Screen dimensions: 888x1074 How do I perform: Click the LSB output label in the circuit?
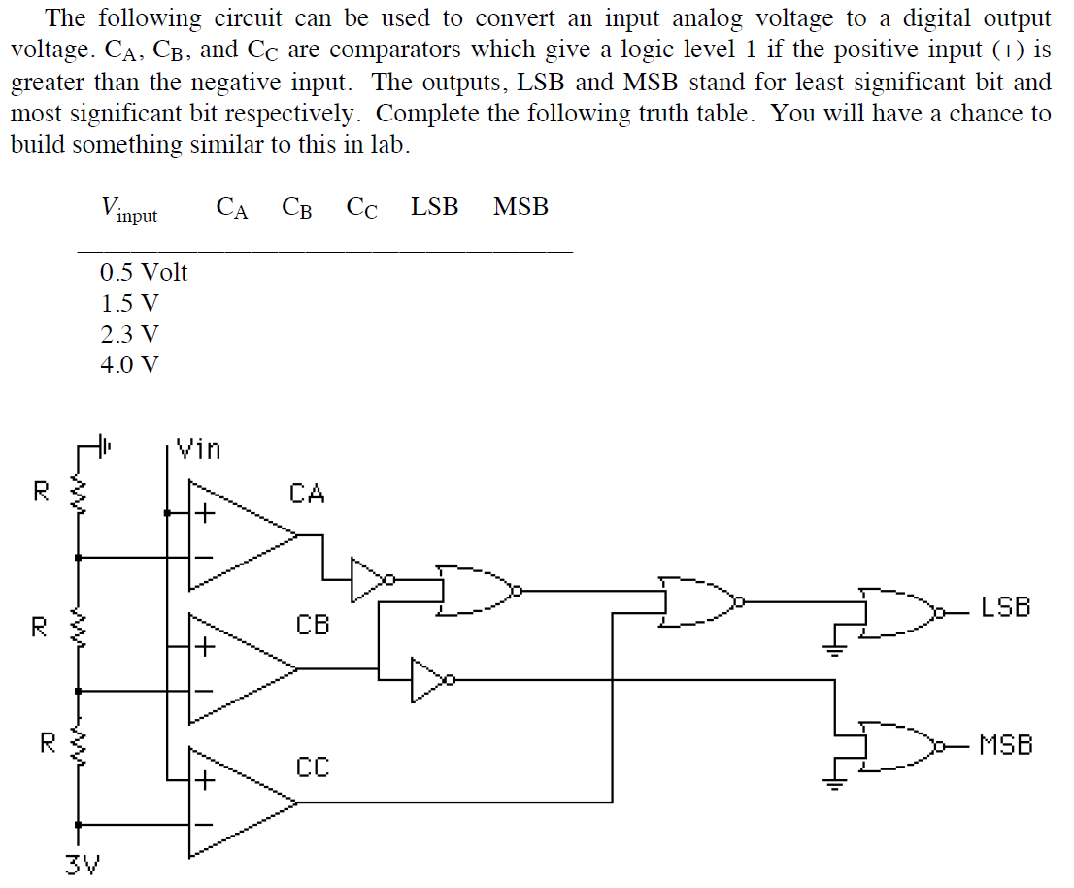tap(1004, 609)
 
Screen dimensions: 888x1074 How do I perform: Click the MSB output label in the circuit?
tap(1005, 746)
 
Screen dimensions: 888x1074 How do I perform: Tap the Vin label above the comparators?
tap(200, 449)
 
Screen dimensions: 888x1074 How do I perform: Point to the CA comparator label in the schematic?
tap(307, 494)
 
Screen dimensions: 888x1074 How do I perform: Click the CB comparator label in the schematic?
tap(313, 624)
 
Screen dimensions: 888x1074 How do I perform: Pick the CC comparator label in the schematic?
tap(313, 768)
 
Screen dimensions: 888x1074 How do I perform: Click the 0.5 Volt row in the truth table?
tap(144, 272)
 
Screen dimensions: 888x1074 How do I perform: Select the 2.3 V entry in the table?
tap(129, 334)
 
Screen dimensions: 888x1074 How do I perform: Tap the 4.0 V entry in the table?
tap(129, 365)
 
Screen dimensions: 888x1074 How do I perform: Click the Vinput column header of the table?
tap(128, 208)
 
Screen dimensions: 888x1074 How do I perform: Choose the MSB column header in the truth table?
tap(520, 207)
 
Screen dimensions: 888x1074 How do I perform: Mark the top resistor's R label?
tap(41, 492)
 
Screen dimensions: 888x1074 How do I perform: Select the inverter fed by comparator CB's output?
tap(428, 680)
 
